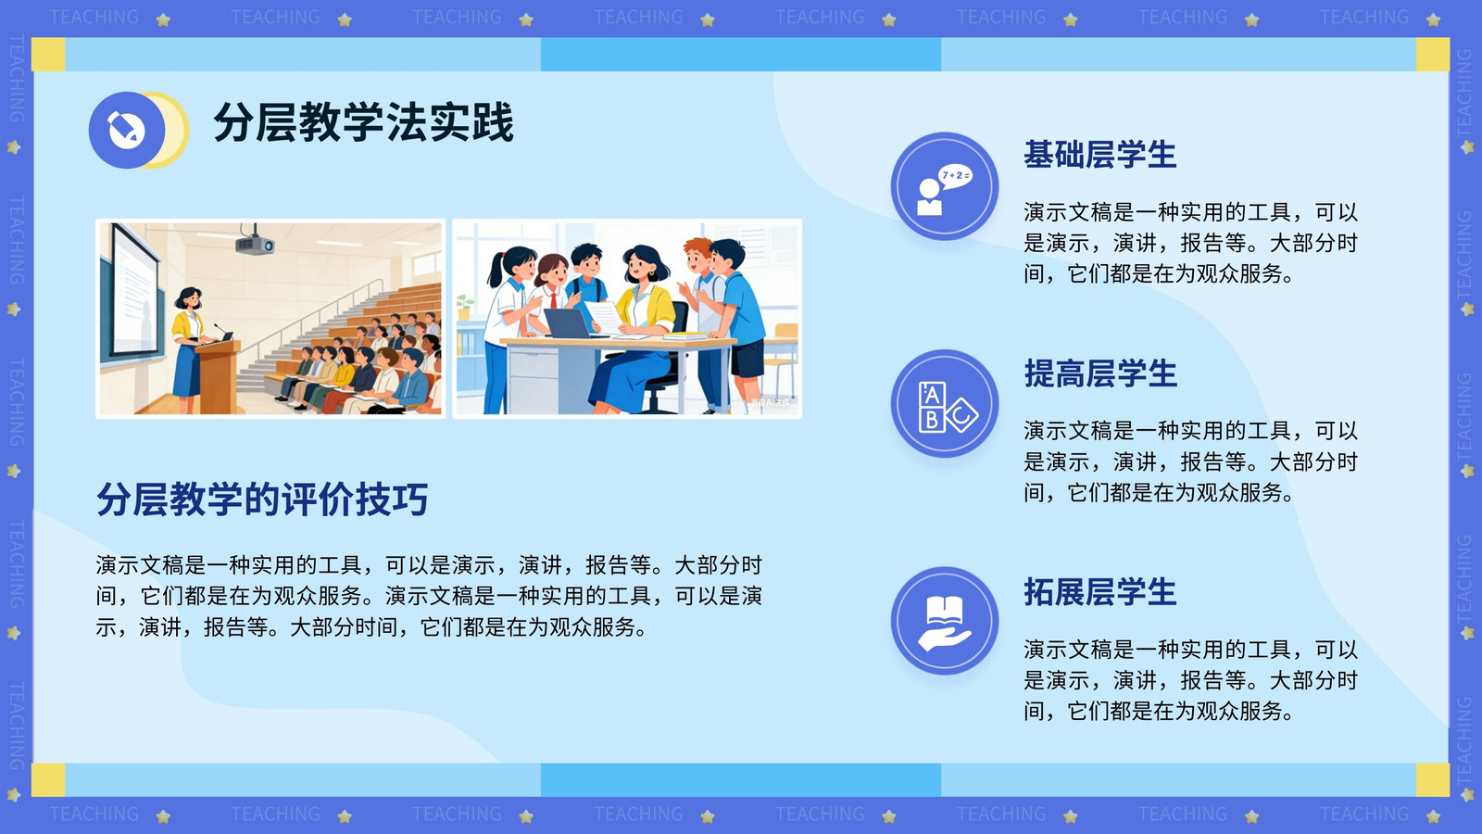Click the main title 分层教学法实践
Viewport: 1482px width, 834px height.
click(363, 122)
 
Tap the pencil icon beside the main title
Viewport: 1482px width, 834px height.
click(126, 130)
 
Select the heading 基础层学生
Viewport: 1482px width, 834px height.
click(1099, 155)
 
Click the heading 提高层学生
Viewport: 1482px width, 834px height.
click(1099, 373)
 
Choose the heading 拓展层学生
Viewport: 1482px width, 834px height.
click(1099, 592)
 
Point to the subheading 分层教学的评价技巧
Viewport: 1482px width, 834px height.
click(262, 499)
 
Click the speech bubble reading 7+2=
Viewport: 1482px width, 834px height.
click(955, 176)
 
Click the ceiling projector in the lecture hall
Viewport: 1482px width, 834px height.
click(255, 243)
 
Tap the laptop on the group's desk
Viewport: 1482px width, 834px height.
click(568, 323)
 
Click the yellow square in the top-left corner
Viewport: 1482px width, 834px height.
click(48, 55)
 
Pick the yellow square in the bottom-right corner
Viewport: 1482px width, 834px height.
click(1433, 779)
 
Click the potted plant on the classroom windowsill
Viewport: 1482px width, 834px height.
click(464, 307)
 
